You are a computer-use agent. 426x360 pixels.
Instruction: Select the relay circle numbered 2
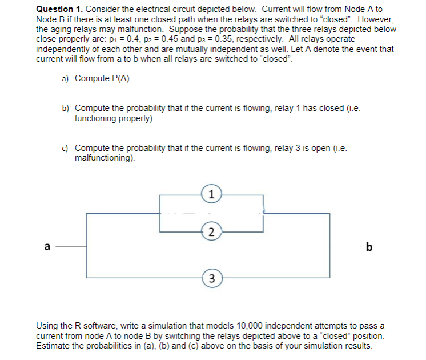(211, 231)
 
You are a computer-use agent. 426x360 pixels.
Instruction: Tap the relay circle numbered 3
(211, 278)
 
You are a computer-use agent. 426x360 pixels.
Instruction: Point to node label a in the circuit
(48, 246)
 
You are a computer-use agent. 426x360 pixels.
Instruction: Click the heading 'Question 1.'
(59, 10)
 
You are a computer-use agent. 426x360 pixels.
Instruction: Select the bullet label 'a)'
(66, 78)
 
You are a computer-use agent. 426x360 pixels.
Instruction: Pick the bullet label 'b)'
(66, 108)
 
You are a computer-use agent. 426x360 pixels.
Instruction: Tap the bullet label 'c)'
(66, 149)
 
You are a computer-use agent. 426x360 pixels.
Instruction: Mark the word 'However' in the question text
(373, 19)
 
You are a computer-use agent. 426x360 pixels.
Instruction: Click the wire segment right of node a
(73, 247)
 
